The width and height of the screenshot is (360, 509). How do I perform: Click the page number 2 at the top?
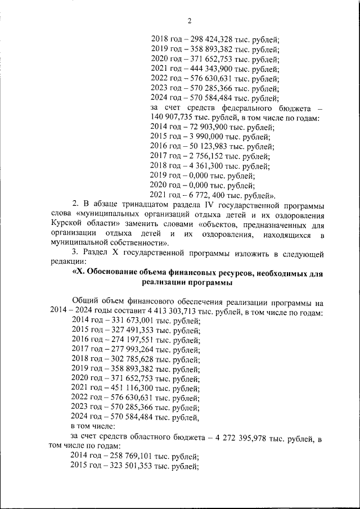pos(190,21)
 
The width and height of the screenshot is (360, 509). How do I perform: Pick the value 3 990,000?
pos(202,137)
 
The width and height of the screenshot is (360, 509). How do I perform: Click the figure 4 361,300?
pos(202,166)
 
